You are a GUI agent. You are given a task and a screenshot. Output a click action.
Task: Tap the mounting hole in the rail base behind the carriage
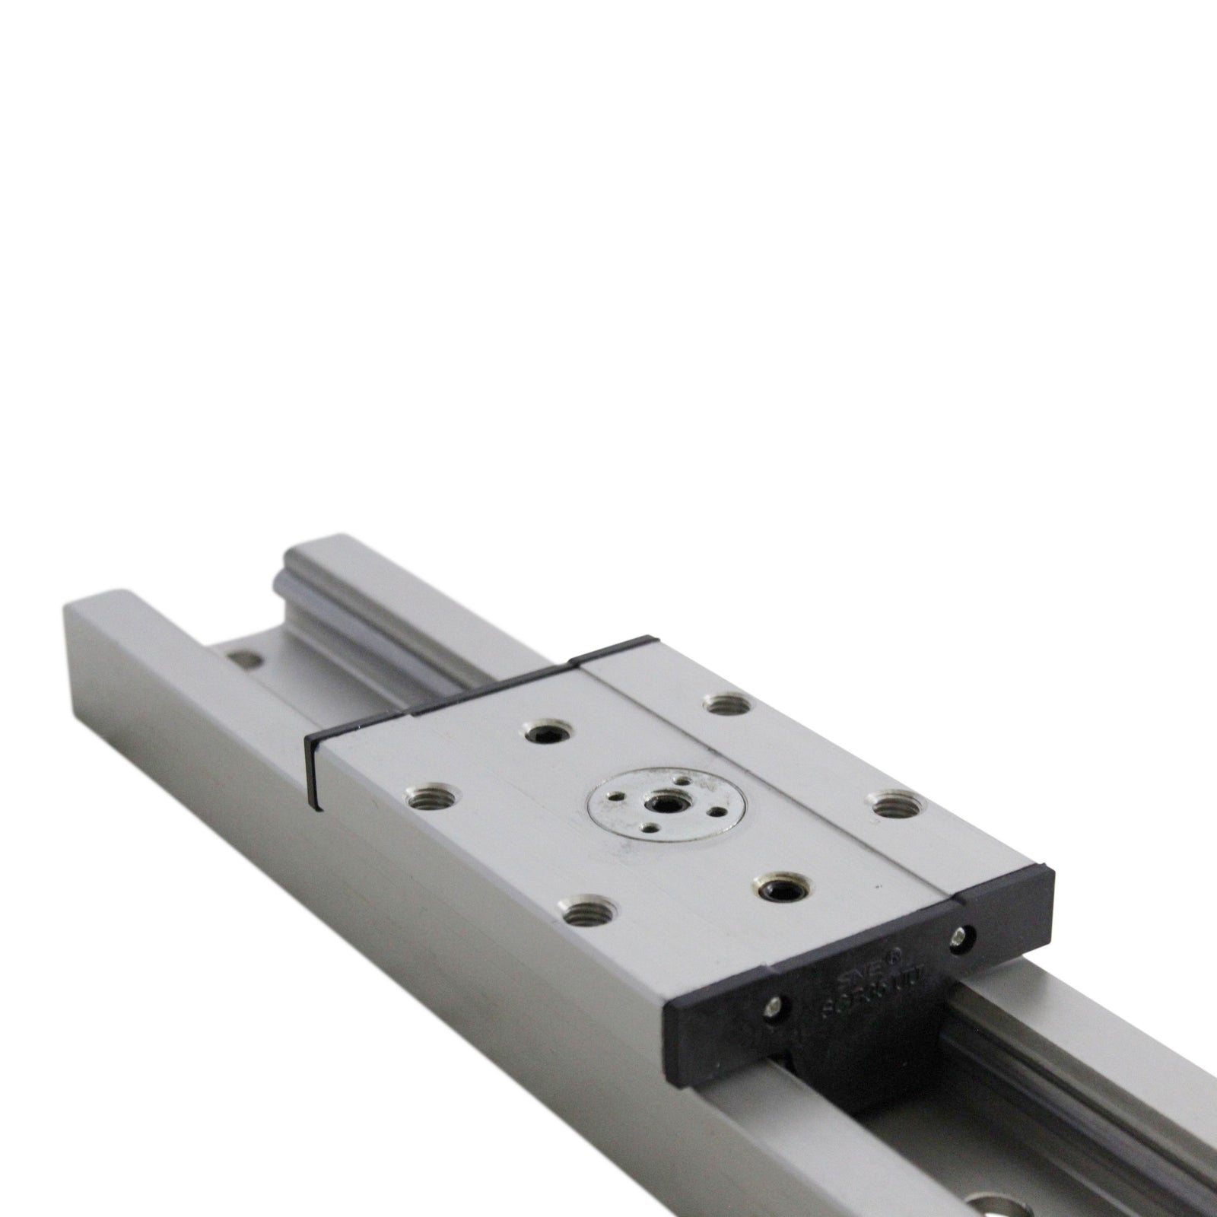(243, 656)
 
